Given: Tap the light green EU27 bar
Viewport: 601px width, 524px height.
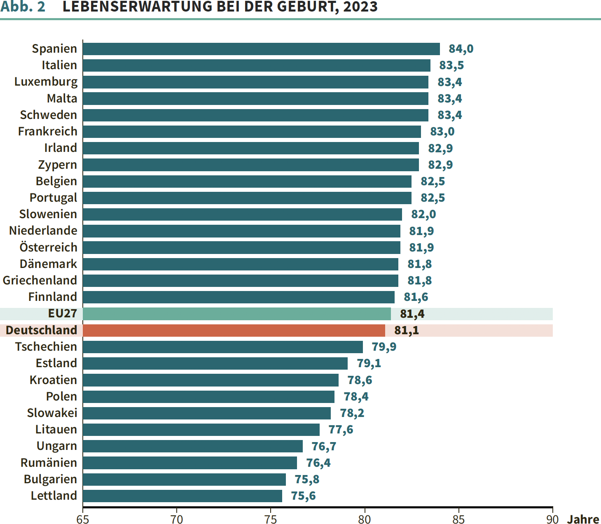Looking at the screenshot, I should (x=236, y=314).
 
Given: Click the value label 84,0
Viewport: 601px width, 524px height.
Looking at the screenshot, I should (x=461, y=49).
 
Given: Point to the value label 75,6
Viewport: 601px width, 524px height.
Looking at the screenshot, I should (x=303, y=496).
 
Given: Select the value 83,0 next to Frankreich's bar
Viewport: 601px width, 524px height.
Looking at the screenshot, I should (x=442, y=132).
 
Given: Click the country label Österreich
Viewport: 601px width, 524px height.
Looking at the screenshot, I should (x=48, y=247).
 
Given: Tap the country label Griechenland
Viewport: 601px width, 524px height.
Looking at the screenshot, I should (x=40, y=280).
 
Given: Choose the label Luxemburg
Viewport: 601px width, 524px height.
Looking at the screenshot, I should (x=46, y=82).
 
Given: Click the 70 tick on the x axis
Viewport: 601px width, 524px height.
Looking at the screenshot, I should (x=177, y=519).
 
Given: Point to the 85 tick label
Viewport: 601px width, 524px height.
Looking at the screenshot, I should (x=458, y=519).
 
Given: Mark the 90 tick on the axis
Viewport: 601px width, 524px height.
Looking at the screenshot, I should (x=552, y=519).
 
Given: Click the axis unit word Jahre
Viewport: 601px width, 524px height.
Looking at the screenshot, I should (x=583, y=519).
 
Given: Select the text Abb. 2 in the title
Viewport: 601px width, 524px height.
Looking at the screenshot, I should (x=23, y=7).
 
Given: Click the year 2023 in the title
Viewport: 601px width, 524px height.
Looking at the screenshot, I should (x=360, y=7).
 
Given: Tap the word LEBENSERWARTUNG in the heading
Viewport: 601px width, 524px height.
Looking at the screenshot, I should (x=138, y=7).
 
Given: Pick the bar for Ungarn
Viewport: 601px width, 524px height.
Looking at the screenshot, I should (x=192, y=446).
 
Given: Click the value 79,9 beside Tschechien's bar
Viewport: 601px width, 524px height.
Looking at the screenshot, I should (x=384, y=347).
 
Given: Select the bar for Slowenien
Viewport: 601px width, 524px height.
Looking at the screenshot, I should (x=242, y=214).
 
